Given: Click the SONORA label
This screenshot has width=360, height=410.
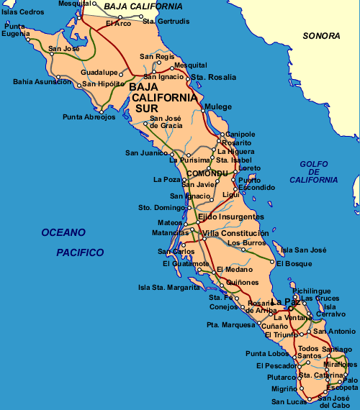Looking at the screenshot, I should point(320,35).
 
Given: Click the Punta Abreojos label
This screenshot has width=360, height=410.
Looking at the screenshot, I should point(89,117).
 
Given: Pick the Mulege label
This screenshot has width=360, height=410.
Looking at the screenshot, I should point(218,107).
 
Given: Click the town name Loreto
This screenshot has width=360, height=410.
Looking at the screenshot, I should point(249,168).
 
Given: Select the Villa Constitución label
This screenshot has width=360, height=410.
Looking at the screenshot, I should point(235,233).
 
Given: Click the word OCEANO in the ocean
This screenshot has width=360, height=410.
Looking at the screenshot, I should point(63,232).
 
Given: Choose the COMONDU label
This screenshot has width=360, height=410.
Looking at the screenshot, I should point(207,174).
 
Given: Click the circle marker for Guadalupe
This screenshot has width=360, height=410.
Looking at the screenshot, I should point(122,73).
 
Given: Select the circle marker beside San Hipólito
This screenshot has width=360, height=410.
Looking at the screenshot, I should point(79,84).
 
